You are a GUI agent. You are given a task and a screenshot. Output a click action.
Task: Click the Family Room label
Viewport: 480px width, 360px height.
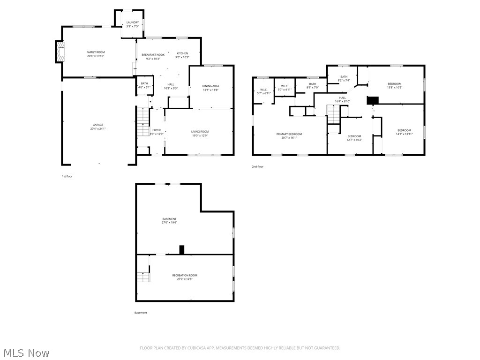tap(95, 52)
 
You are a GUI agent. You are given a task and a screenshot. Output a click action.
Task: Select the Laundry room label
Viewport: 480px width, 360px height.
tap(132, 22)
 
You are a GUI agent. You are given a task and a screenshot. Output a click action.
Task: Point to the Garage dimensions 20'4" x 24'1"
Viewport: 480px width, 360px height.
tap(98, 128)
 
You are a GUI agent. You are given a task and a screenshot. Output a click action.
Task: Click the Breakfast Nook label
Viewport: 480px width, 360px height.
tap(153, 55)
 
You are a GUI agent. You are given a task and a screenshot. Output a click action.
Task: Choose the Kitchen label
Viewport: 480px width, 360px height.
tap(182, 53)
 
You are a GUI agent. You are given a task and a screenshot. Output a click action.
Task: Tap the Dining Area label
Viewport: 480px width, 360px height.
tap(210, 86)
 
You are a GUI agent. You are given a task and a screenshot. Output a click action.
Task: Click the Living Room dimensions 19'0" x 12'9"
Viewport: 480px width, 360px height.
tap(200, 135)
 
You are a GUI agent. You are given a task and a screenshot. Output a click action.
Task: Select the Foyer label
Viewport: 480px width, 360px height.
tap(157, 130)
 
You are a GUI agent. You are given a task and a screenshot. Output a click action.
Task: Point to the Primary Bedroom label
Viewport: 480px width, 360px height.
tap(289, 134)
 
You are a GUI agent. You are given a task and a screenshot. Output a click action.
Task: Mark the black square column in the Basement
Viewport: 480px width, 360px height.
tap(182, 250)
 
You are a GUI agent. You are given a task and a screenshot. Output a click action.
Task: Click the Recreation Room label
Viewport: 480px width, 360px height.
tap(185, 275)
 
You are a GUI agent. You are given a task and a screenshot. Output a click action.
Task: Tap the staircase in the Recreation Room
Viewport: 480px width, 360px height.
tap(142, 277)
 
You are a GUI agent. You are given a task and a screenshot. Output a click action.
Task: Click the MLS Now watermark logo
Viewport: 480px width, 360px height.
tap(26, 352)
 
